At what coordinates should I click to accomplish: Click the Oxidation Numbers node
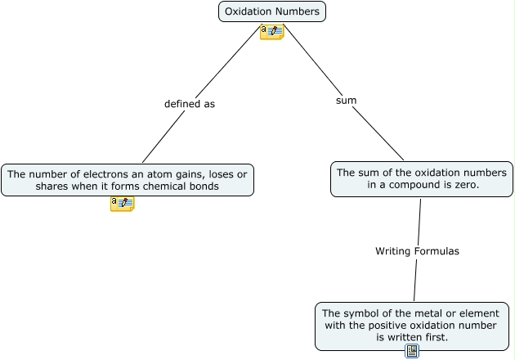click(272, 11)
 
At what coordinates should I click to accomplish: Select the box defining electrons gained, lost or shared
click(128, 180)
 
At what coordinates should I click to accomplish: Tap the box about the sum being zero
click(421, 179)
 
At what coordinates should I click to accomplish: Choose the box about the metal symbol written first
click(413, 325)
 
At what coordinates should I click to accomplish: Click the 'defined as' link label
click(190, 104)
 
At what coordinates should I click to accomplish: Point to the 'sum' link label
click(347, 100)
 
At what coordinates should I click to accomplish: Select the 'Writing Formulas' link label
click(417, 251)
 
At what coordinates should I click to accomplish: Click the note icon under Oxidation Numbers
click(271, 32)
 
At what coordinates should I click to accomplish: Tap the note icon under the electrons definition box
click(122, 204)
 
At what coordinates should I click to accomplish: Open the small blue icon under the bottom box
click(412, 351)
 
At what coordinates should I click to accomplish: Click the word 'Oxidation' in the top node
click(249, 11)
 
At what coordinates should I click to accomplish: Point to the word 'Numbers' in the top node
click(297, 11)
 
